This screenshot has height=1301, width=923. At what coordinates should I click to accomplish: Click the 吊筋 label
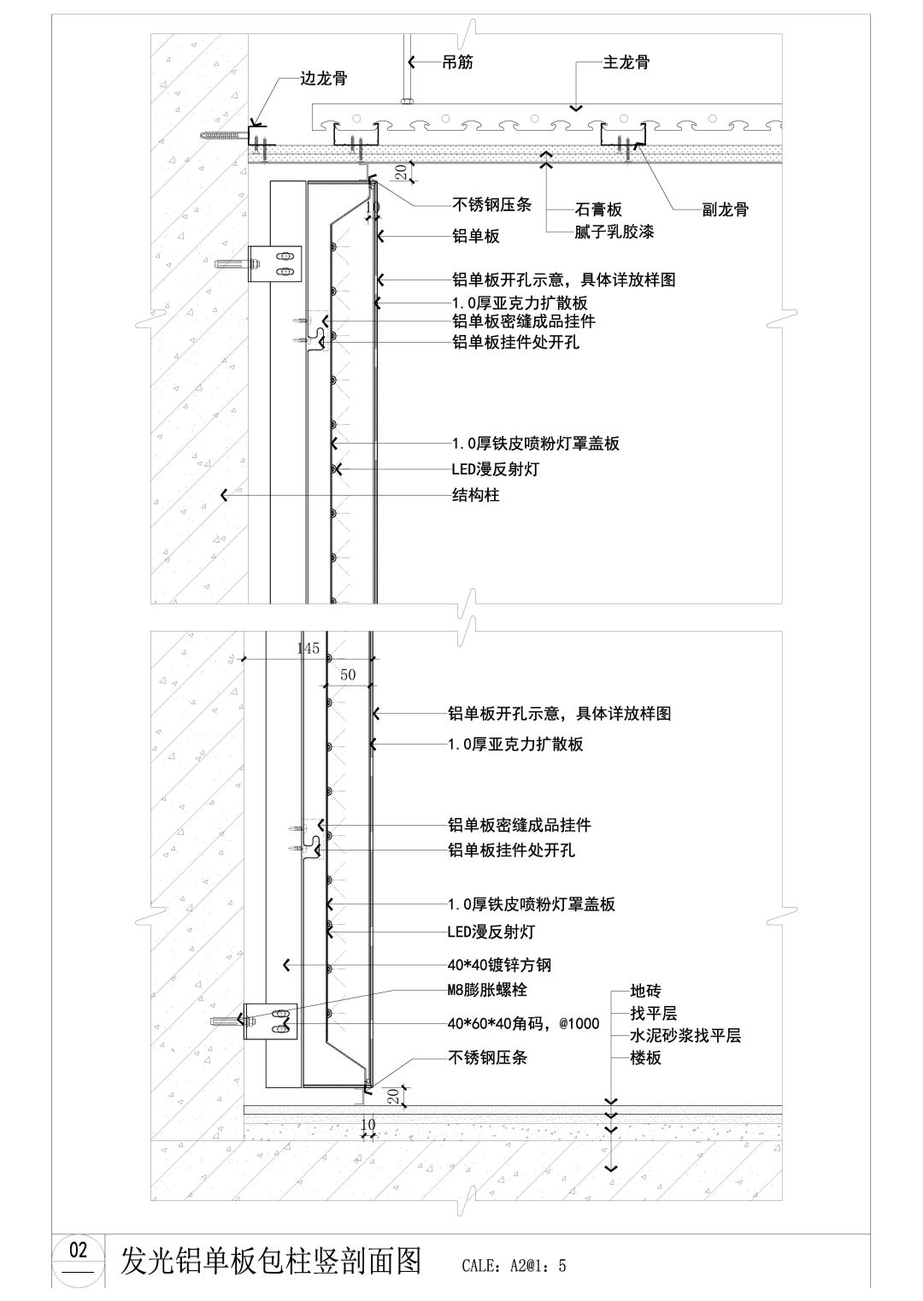tap(457, 62)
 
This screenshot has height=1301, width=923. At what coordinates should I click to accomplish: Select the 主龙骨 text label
tap(626, 62)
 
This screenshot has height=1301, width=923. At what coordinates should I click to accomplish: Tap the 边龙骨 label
tap(323, 78)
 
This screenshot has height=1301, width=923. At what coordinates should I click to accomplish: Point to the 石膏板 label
tap(597, 209)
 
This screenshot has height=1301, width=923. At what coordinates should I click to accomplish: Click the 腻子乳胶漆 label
tap(614, 231)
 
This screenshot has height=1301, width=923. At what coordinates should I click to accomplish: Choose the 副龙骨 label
tap(725, 209)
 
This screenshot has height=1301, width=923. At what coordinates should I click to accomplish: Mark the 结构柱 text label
tap(475, 495)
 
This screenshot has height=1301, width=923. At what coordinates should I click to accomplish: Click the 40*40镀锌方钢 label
tap(499, 965)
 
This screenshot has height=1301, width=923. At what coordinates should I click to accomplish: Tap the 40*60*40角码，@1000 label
tap(523, 1023)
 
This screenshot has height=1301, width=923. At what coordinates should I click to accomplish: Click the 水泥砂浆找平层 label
tap(685, 1036)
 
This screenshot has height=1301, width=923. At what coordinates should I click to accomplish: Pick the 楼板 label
tap(645, 1058)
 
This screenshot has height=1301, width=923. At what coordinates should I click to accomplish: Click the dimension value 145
tap(308, 649)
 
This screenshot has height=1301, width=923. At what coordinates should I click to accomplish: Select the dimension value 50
tap(348, 674)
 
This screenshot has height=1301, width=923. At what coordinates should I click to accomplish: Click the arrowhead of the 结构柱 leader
tap(224, 495)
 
